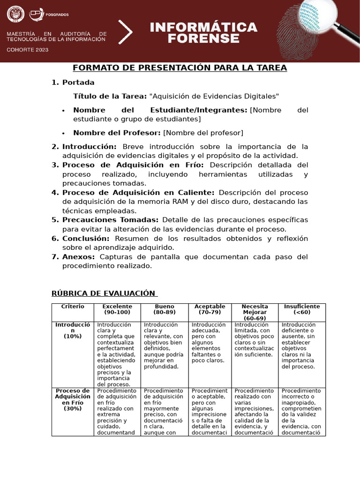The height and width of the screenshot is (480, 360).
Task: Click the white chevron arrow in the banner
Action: tap(126, 32)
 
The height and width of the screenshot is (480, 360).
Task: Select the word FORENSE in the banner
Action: tap(203, 39)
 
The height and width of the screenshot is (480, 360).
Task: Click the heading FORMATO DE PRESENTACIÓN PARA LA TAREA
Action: tap(180, 68)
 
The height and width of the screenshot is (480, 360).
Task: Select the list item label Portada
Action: tap(78, 82)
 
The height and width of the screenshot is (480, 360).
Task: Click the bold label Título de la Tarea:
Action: tap(110, 96)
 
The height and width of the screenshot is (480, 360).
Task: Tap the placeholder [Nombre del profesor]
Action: tap(203, 133)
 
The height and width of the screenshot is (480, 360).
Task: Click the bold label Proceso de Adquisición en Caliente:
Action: tap(138, 193)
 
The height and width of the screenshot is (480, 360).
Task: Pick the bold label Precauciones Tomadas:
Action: tap(111, 220)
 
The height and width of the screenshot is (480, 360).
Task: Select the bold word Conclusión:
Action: tap(86, 238)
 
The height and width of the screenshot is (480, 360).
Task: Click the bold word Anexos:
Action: tap(79, 257)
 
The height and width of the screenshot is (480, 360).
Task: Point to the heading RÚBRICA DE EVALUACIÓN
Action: tap(103, 293)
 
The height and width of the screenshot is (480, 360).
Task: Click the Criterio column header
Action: tap(73, 307)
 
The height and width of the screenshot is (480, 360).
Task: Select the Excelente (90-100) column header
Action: tap(117, 309)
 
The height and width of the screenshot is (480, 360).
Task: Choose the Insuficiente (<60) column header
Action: tap(302, 309)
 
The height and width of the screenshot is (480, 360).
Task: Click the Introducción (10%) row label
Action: tap(73, 330)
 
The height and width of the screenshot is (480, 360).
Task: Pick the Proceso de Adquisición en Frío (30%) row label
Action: tap(73, 399)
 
